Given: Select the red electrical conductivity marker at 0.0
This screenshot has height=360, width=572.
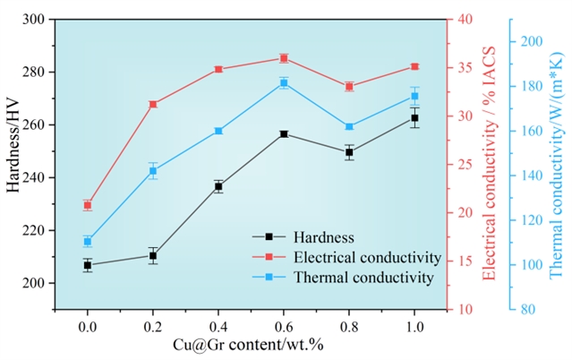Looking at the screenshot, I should click(x=88, y=205).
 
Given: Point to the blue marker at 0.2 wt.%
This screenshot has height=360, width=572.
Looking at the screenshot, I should click(x=153, y=171).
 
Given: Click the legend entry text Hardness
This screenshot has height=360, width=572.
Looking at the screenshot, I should click(x=323, y=237).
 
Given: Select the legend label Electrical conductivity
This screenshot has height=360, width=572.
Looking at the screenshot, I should click(x=366, y=258).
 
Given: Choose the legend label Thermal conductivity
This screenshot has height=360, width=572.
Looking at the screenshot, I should click(x=363, y=278).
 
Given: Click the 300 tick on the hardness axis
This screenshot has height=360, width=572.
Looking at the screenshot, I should click(x=34, y=19).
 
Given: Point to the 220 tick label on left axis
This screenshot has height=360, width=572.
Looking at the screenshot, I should click(x=34, y=230).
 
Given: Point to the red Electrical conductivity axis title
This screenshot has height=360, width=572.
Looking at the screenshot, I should click(x=490, y=164).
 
